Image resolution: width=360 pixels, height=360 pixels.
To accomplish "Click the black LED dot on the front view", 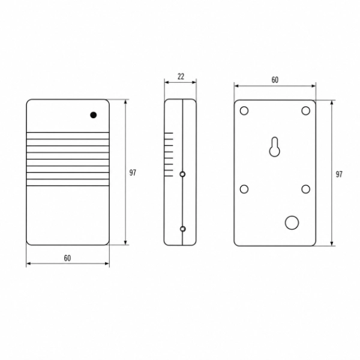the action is click(x=93, y=115).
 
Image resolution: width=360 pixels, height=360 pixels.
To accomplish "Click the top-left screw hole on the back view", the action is click(x=244, y=110).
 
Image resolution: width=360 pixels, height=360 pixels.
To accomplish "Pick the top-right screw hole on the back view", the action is click(x=305, y=110).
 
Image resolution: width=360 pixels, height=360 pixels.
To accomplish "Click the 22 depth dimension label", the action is click(x=181, y=76).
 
